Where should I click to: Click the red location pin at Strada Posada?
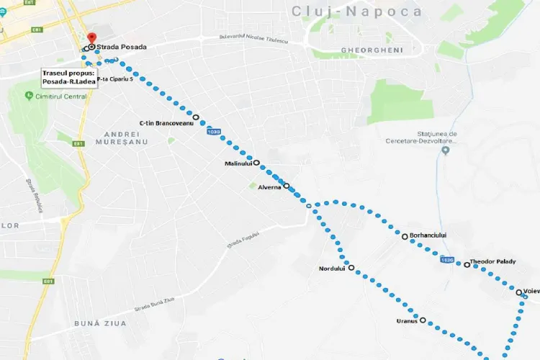click(x=91, y=38)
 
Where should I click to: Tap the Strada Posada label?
click(x=122, y=48)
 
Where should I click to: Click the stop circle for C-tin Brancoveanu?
click(x=196, y=117)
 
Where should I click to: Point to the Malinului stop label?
click(x=238, y=163)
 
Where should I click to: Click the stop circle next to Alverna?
click(x=287, y=186)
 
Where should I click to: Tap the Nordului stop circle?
click(x=351, y=268)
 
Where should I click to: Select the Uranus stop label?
click(x=407, y=321)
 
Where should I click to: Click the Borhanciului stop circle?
click(x=405, y=236)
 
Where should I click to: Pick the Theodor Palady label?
click(x=492, y=261)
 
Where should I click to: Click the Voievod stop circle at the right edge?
click(x=519, y=292)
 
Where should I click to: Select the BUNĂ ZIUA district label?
click(x=100, y=323)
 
